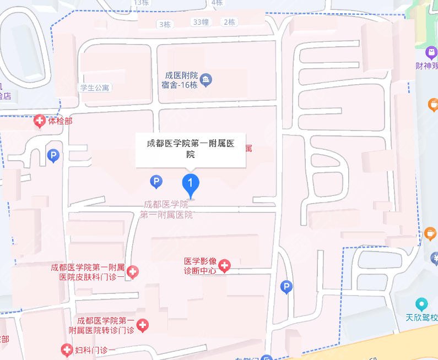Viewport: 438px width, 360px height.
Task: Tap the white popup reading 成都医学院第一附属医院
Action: click(191, 149)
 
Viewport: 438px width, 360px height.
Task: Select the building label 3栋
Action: click(165, 24)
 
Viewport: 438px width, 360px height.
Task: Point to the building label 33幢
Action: click(201, 22)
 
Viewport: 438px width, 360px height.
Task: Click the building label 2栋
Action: click(229, 22)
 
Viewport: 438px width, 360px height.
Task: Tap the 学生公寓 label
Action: click(95, 88)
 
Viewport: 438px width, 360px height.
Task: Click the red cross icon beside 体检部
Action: click(40, 121)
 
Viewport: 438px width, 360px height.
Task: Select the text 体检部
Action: click(60, 121)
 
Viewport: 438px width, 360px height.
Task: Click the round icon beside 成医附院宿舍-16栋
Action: click(207, 80)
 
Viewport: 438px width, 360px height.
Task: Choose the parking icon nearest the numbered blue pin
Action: click(156, 181)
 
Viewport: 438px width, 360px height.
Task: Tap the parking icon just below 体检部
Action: click(53, 156)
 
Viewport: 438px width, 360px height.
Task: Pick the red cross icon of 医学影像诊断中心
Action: click(225, 266)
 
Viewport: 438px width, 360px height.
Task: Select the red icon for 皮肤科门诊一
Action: click(132, 271)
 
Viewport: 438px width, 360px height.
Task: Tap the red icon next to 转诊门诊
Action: click(143, 325)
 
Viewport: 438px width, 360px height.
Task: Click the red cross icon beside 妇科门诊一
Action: click(67, 350)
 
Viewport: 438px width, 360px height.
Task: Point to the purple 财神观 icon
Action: click(431, 53)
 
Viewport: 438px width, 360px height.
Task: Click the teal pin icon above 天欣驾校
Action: click(421, 304)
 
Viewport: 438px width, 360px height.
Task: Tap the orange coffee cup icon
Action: click(434, 104)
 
